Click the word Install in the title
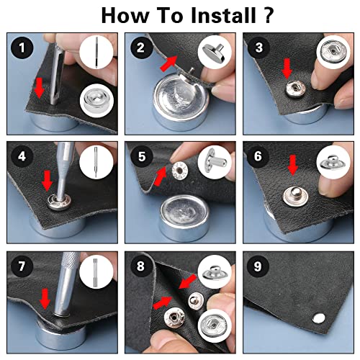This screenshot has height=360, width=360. pos(223,15)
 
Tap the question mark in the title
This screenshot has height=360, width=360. pos(268,15)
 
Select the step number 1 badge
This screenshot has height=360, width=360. pos(22,48)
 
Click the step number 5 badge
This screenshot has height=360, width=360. pos(142,156)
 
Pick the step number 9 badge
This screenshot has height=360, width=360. pos(258,266)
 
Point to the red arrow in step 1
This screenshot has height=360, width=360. pos(39,88)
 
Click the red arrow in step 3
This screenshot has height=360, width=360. pos(287,69)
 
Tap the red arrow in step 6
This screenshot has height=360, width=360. pos(292,165)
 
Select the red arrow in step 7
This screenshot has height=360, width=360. pos(45,299)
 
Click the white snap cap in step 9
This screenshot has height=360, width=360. pos(319,318)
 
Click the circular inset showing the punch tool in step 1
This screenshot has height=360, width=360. pos(96,53)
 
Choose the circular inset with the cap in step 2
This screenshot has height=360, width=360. pos(215,53)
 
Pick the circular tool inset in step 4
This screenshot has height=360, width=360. pos(96,162)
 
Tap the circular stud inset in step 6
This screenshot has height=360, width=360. pos(333,162)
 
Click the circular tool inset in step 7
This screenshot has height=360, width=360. pos(96,272)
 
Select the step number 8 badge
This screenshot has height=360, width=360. pos(140,266)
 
